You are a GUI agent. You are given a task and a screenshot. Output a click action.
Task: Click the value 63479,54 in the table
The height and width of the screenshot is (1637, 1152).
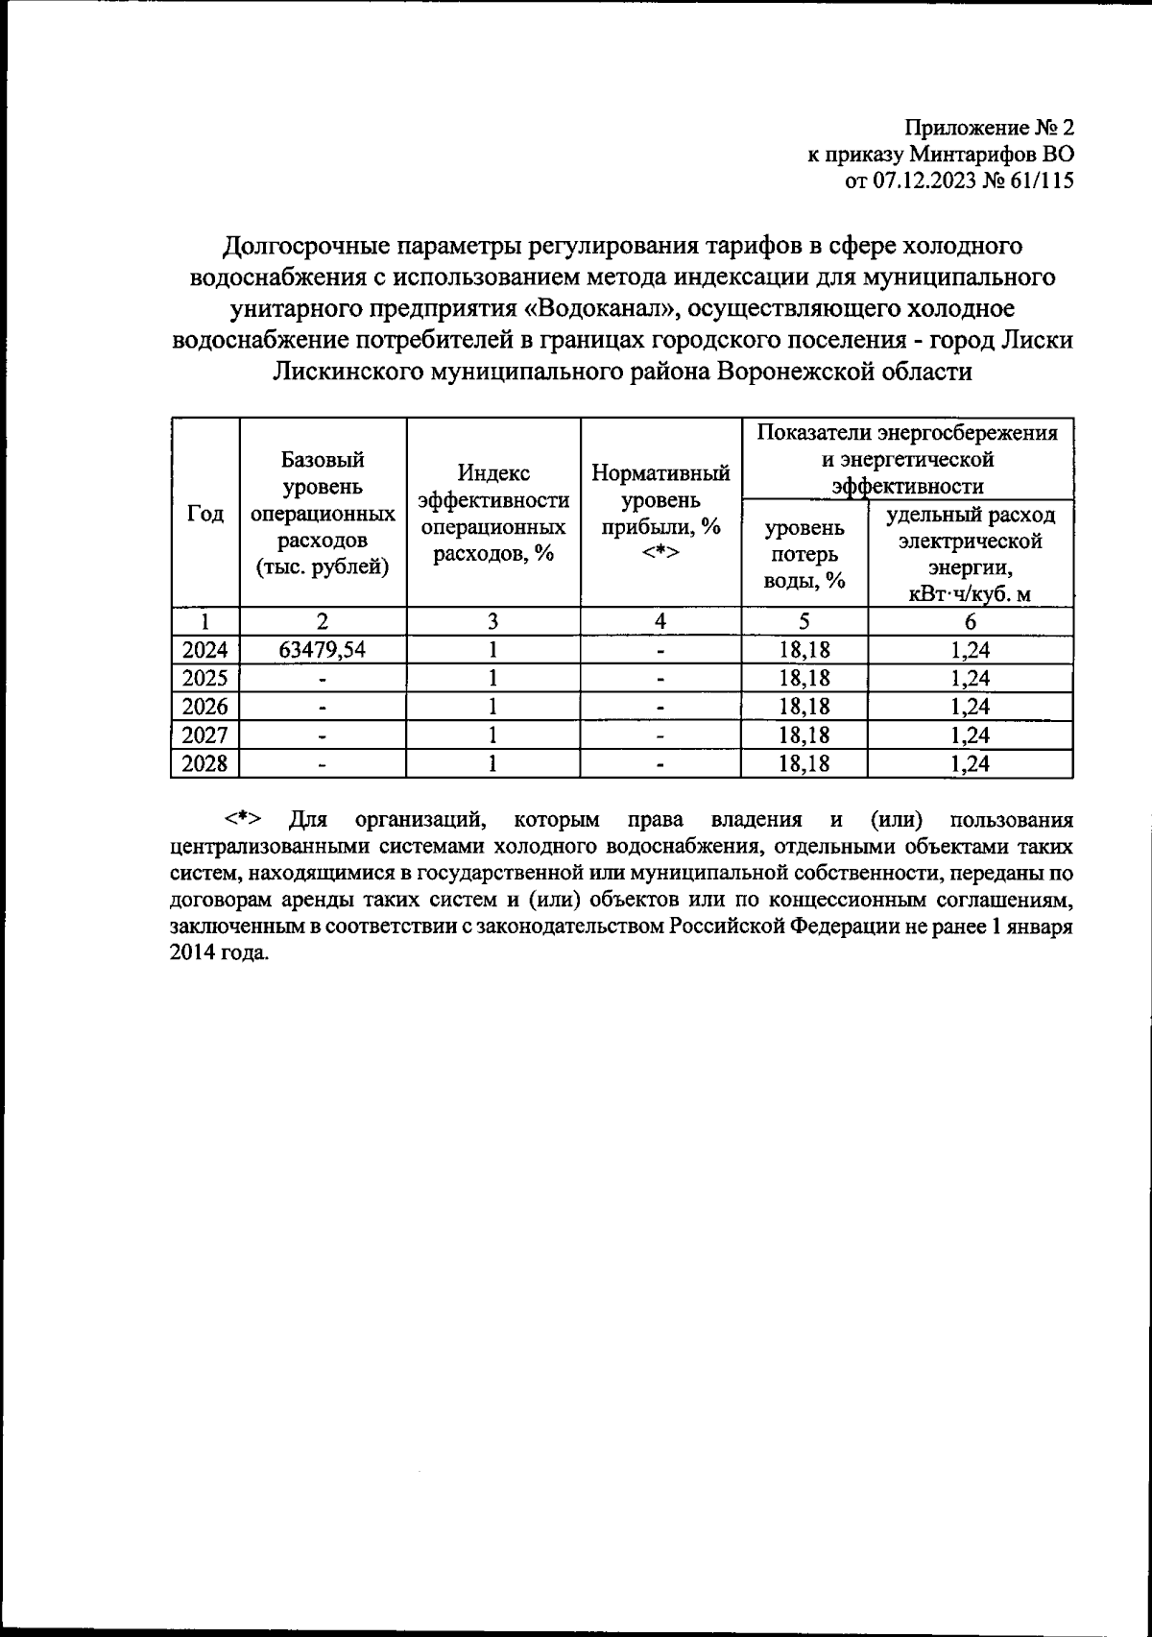click(323, 650)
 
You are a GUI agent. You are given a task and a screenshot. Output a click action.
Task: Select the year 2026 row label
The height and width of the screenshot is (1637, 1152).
click(204, 708)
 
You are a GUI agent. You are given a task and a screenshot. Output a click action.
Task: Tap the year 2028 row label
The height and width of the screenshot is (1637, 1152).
click(204, 764)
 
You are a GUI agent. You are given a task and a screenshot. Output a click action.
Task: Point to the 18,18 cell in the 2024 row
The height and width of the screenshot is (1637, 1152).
click(804, 650)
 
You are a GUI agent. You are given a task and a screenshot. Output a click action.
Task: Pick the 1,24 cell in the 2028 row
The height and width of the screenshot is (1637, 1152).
click(971, 764)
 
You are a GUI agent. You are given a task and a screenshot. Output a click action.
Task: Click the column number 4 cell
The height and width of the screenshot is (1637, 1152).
click(660, 621)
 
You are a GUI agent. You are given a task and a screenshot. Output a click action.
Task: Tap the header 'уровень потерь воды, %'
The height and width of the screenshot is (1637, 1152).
click(804, 554)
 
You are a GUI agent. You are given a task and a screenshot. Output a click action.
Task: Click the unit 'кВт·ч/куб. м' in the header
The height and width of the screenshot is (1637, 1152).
click(971, 594)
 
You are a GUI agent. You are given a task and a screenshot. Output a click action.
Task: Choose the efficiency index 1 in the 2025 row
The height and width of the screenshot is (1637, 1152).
click(493, 679)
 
